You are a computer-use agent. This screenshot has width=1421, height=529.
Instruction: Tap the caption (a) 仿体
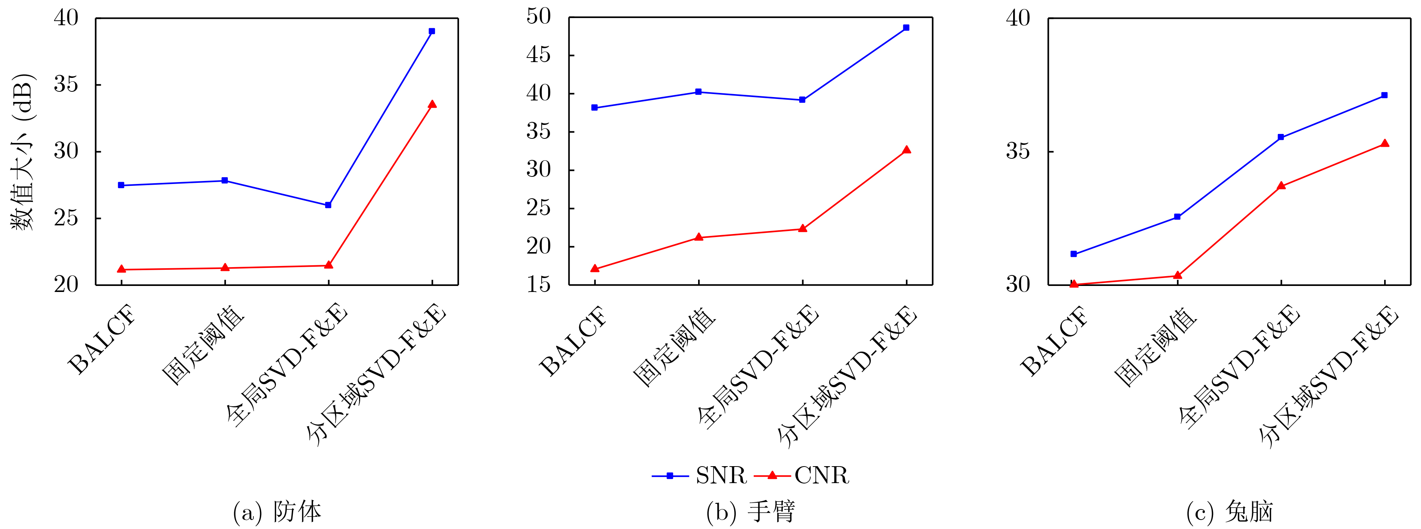277,512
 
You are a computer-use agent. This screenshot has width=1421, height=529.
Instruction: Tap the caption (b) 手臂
750,512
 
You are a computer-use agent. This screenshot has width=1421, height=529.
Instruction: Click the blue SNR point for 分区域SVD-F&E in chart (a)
432,32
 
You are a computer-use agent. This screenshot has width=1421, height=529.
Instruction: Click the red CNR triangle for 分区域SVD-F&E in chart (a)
432,104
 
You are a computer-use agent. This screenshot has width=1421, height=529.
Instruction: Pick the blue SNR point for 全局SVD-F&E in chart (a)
328,205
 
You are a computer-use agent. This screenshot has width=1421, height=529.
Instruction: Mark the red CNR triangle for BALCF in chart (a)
121,269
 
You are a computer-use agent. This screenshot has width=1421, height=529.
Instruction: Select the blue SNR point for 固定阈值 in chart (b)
698,92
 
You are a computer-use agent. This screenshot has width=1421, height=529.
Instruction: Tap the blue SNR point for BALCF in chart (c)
1074,254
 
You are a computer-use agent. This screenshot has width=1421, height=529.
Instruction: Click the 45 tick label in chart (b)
538,55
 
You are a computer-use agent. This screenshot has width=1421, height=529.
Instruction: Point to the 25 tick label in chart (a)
66,219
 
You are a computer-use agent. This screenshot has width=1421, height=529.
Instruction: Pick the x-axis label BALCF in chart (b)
574,341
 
